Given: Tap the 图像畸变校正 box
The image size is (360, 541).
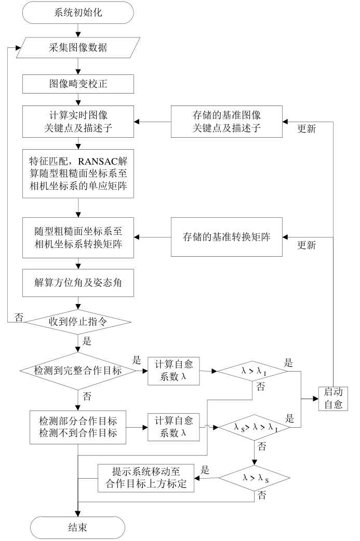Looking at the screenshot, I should click(77, 83).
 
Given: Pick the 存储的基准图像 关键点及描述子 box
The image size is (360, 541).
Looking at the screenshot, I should click(226, 123).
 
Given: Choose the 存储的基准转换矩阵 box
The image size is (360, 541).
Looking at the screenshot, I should click(226, 237).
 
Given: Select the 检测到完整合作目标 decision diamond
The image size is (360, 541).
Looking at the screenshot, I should click(78, 371).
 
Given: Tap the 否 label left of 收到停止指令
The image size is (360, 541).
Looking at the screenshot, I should click(19, 318).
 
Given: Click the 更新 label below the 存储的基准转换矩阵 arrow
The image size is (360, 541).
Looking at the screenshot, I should click(306, 245).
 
